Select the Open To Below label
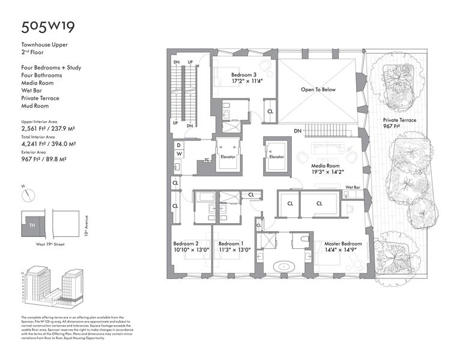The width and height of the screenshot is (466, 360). [318, 89]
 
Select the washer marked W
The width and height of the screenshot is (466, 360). [178, 154]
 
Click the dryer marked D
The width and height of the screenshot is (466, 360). [178, 145]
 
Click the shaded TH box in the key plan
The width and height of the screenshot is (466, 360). [33, 225]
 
